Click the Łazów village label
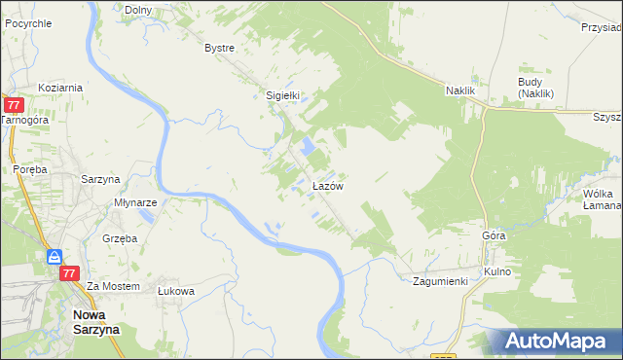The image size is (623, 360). (325, 185)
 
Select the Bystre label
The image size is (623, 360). (220, 48)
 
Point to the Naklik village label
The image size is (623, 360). (459, 90)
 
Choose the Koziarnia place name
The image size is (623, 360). (60, 87)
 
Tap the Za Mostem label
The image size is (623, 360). (114, 286)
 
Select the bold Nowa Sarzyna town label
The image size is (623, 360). (93, 322)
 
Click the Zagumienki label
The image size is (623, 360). (440, 280)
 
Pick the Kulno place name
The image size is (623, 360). (496, 271)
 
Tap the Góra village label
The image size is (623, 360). (494, 236)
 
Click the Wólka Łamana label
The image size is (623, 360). (602, 200)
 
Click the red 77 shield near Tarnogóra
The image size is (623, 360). (14, 105)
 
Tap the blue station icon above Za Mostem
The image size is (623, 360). (55, 256)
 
